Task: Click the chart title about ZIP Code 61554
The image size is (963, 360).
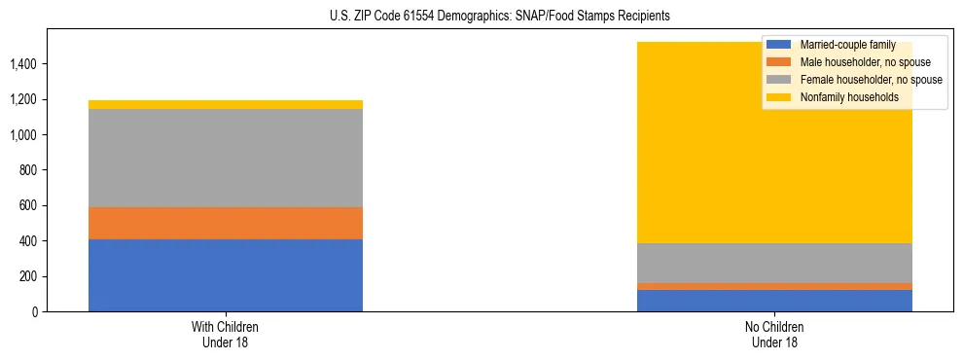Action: pos(481,17)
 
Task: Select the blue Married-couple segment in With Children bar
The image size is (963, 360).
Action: pos(226,275)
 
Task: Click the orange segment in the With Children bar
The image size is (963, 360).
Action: pos(226,223)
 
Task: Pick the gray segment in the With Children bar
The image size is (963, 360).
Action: pos(226,158)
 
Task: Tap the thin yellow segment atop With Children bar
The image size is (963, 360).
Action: pos(226,104)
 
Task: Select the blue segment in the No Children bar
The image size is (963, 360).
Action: pos(774,301)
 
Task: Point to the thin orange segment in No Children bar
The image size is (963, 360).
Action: pos(774,286)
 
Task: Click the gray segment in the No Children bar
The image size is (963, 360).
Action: pos(774,263)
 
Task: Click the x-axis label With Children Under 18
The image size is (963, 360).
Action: pos(226,335)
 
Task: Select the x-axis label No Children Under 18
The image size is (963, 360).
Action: pos(774,335)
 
